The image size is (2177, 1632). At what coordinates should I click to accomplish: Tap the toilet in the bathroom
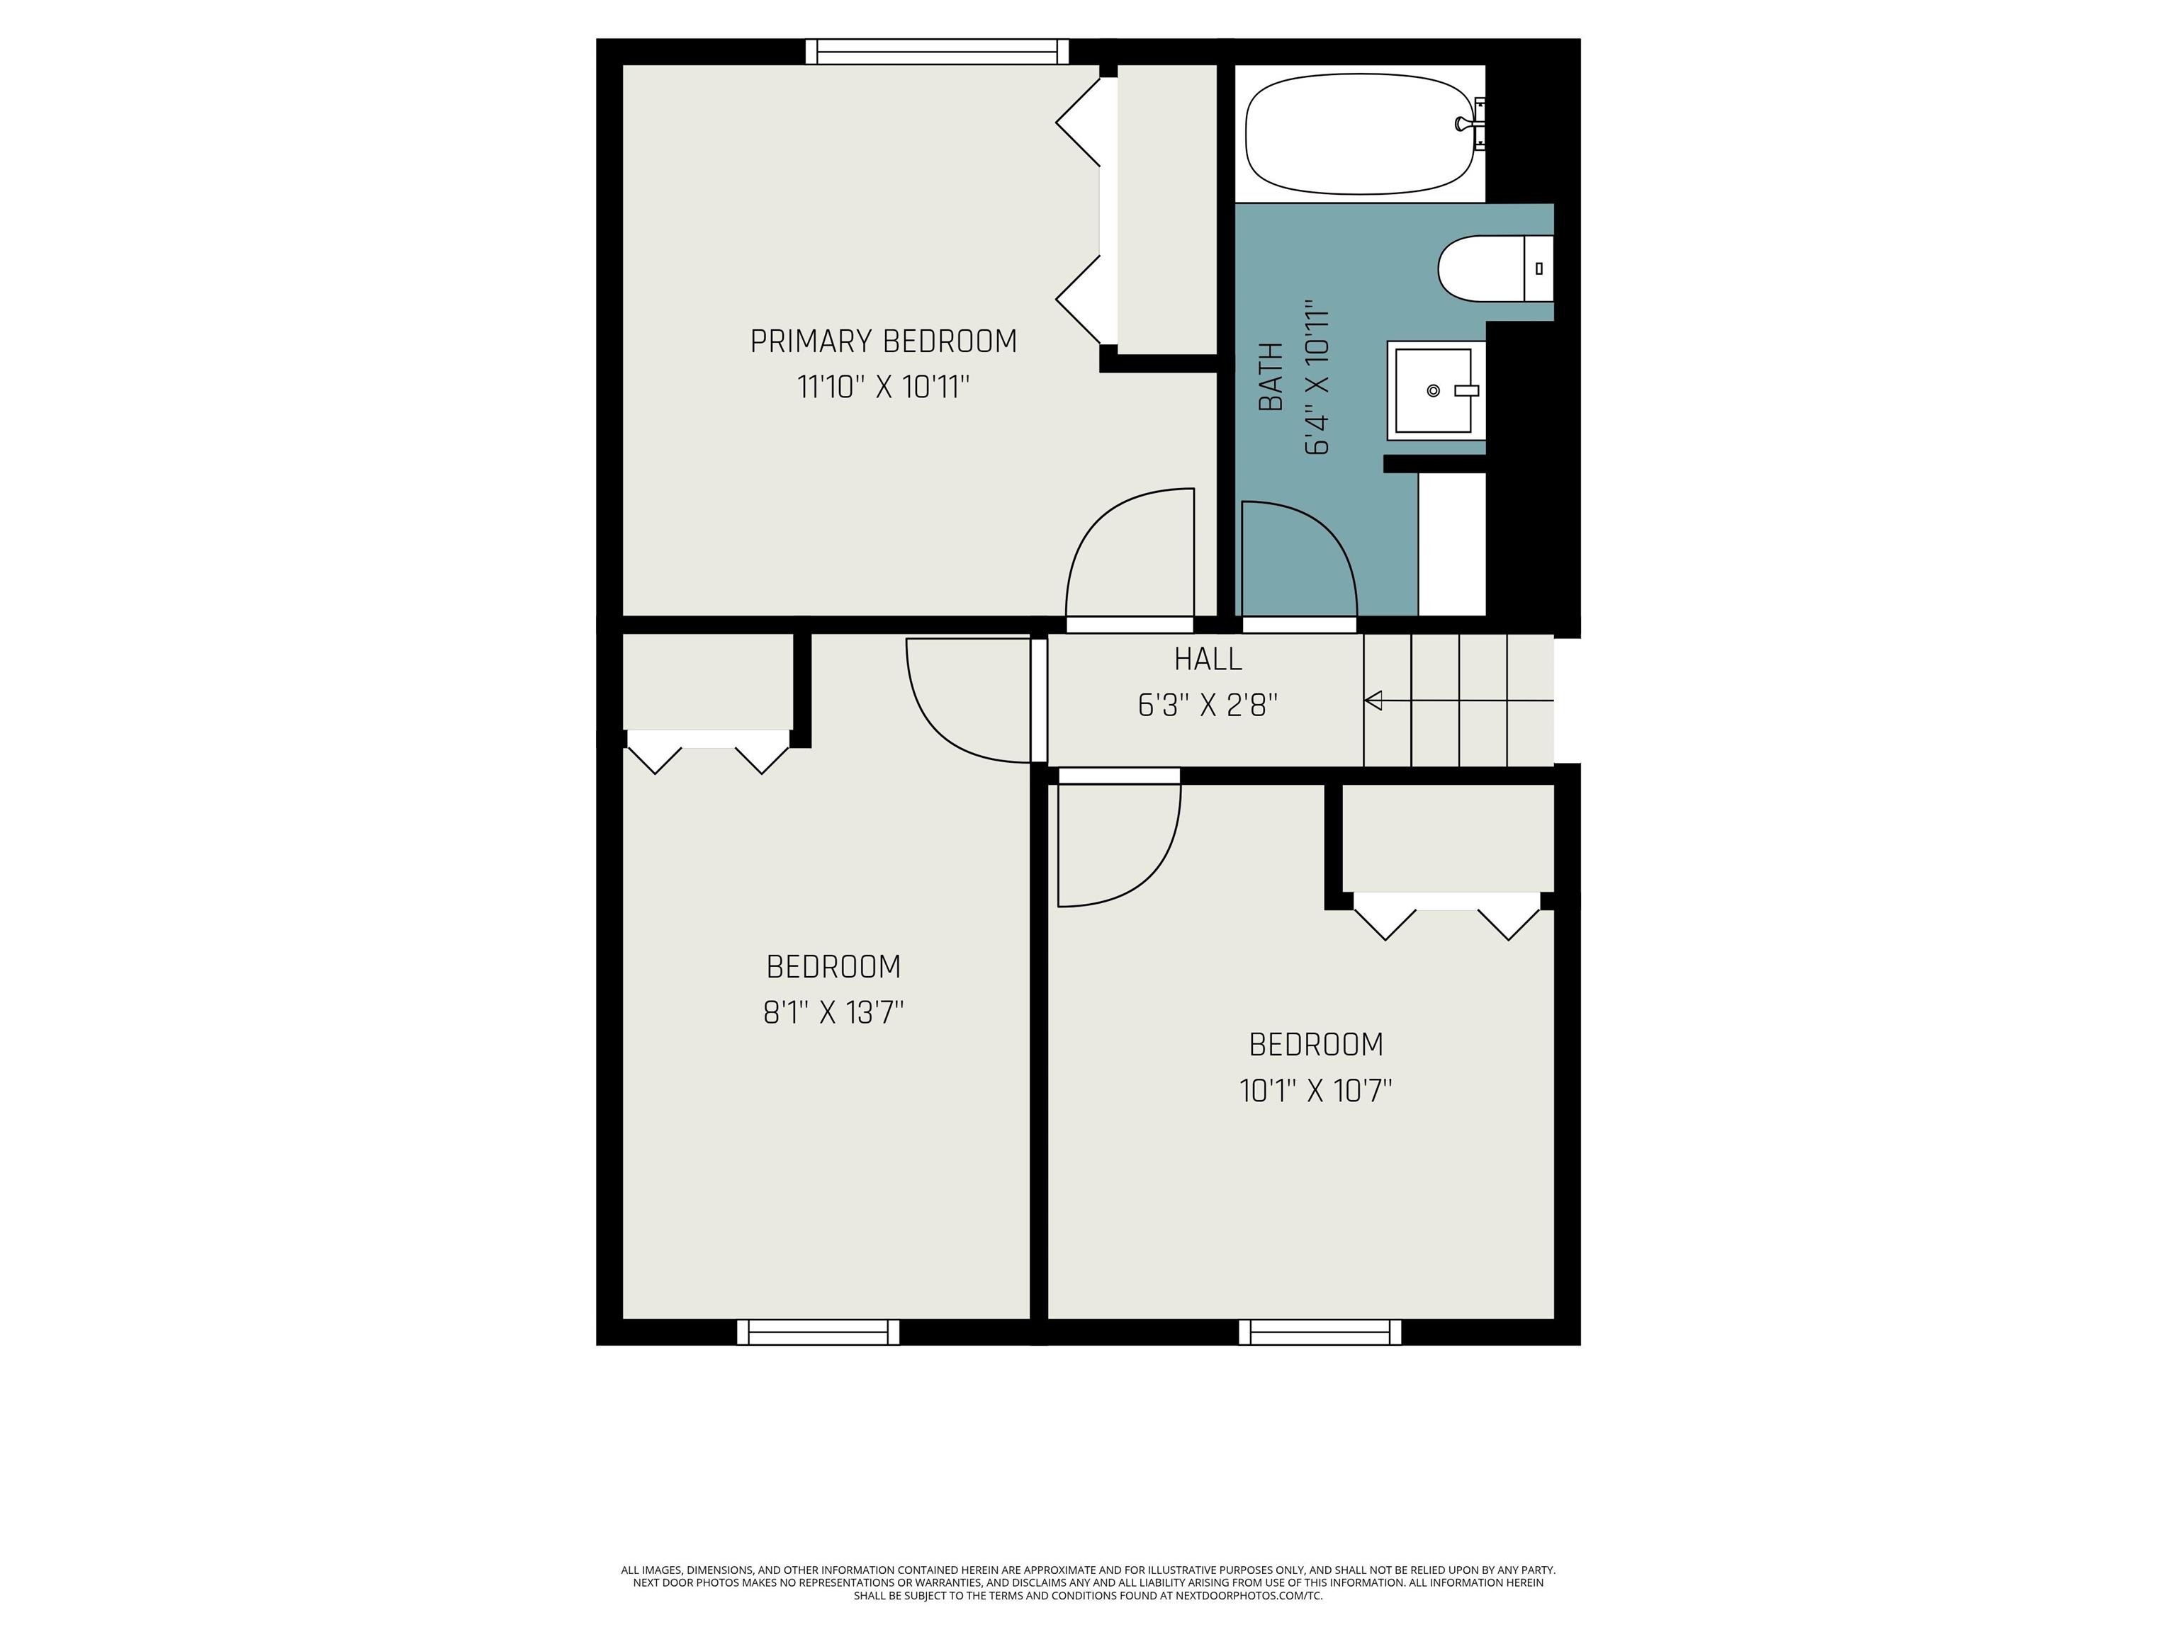click(1495, 268)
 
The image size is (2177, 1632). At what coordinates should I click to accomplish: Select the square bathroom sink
click(1436, 390)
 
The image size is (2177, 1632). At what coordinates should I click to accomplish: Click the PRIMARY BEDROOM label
click(883, 341)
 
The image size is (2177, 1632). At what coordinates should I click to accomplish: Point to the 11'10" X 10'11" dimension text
click(883, 387)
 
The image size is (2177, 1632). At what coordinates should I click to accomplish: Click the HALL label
click(1208, 658)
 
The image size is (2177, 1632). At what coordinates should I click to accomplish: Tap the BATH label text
click(1271, 377)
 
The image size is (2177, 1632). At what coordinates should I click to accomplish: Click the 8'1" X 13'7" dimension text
click(833, 1012)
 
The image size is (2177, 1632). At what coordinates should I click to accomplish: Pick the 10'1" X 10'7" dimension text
click(1316, 1091)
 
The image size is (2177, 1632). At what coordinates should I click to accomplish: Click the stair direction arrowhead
click(1373, 701)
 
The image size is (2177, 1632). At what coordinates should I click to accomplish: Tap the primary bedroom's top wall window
click(936, 51)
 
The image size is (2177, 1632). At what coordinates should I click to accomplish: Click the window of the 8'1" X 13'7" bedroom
click(818, 1332)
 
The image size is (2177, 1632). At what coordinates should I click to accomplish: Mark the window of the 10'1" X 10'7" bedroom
click(1320, 1332)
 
